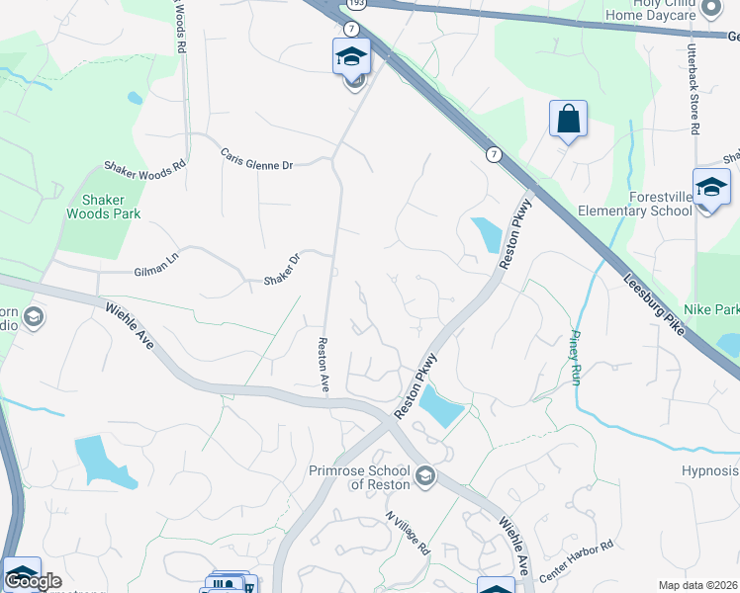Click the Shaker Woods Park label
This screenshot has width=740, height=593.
pos(103,206)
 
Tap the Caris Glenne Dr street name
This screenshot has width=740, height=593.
pos(257,159)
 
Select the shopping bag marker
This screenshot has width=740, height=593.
pos(568,120)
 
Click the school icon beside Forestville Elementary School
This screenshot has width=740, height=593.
pos(711,187)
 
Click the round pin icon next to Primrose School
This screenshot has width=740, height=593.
pos(425,477)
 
